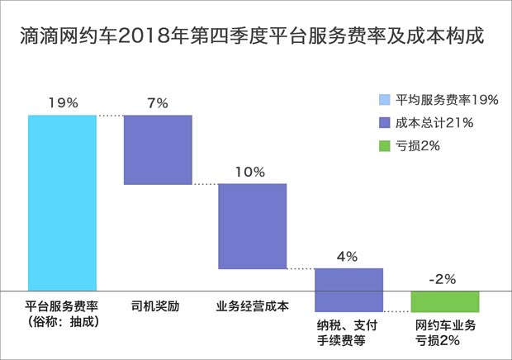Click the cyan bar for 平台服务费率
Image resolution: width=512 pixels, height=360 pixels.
(x=62, y=202)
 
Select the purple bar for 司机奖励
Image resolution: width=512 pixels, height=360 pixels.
(x=157, y=149)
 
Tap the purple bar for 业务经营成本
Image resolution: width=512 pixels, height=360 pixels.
(x=252, y=225)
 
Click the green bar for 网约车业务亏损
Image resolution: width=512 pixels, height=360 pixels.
(x=444, y=301)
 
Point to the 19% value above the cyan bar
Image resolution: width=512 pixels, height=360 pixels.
(x=63, y=103)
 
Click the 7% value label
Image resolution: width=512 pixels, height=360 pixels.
(x=157, y=103)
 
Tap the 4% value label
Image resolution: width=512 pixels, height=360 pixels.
(x=348, y=256)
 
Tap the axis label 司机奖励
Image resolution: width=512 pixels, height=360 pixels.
(x=156, y=306)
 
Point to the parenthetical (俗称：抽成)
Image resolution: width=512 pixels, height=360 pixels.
(x=63, y=321)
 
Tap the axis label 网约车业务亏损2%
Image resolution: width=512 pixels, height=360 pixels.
(x=444, y=332)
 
